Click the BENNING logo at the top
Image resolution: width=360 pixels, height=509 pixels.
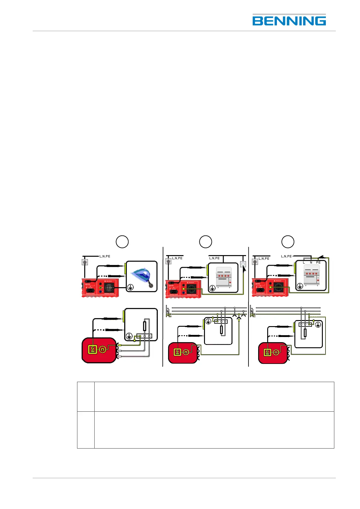pos(289,20)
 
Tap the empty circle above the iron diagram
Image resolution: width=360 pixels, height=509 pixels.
pos(122,242)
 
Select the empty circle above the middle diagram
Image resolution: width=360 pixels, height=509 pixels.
pos(206,242)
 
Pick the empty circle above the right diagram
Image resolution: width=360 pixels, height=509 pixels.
pos(288,242)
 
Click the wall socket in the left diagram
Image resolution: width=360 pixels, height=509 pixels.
pos(85,262)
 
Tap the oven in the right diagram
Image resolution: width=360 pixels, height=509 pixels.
pos(311,277)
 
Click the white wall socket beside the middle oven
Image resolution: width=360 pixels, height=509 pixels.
pos(243,264)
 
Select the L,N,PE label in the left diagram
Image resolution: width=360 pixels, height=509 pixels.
pos(105,256)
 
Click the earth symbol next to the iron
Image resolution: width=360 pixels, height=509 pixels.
pos(130,287)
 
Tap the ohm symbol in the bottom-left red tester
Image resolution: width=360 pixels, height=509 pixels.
pos(103,349)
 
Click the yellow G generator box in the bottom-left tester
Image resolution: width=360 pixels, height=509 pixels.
pos(92,349)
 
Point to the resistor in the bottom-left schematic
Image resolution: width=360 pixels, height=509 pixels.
pos(145,326)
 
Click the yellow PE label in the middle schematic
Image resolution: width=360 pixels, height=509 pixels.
pos(168,315)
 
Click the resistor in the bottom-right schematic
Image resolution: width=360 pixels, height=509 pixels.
pos(305,333)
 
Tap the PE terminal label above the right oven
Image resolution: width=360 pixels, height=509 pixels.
pos(318,262)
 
